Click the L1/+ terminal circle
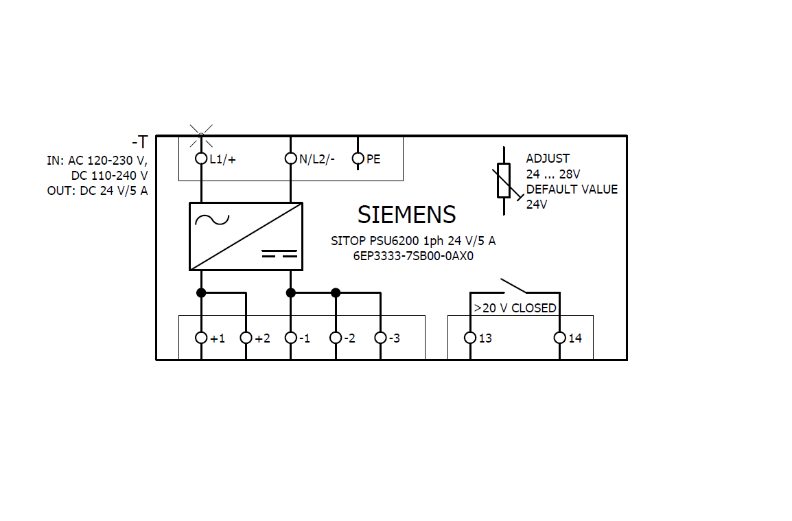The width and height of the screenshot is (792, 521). point(201,159)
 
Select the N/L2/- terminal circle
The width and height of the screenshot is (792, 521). point(290,159)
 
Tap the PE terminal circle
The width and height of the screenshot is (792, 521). point(358,159)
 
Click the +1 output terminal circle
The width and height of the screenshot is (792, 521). point(201,338)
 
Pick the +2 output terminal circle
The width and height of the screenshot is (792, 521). point(246,338)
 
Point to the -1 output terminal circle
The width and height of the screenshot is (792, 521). point(290,338)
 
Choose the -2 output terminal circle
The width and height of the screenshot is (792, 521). point(336,338)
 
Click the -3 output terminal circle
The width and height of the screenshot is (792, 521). point(380,338)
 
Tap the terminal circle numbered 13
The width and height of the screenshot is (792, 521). point(469,338)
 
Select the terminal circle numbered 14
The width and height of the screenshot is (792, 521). point(559,338)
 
